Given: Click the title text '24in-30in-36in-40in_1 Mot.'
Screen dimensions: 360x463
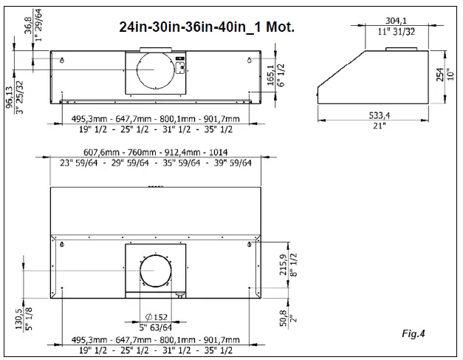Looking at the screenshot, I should [208, 27].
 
